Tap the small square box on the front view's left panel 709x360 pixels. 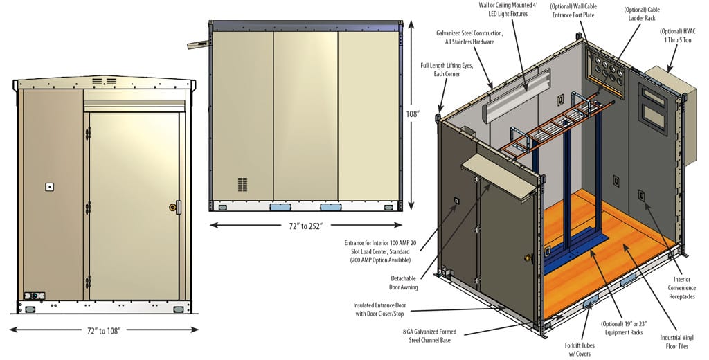pyautogui.click(x=49, y=187)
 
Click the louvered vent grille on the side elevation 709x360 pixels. pyautogui.click(x=242, y=184)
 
